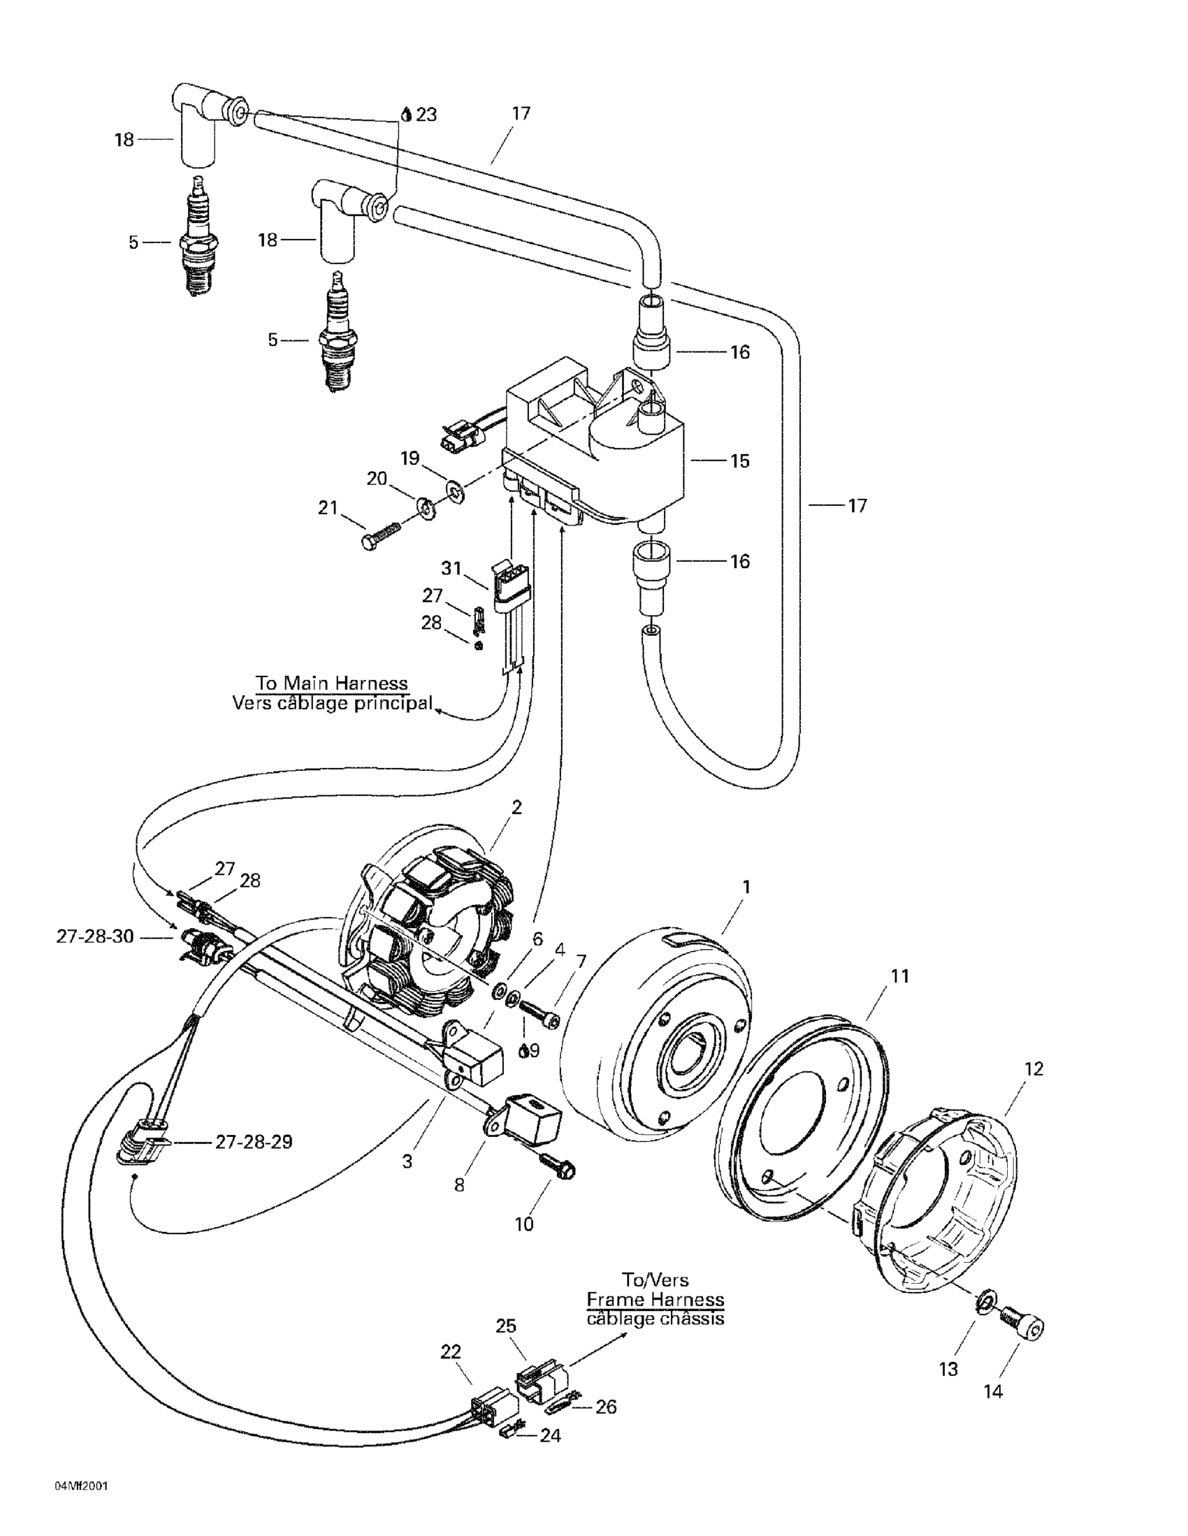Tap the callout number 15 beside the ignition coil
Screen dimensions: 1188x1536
click(740, 461)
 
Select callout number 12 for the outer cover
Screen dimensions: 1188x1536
click(1035, 1068)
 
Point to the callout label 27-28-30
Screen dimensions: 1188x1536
click(95, 937)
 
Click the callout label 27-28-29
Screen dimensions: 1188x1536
click(254, 1142)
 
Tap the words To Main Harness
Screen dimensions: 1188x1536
click(332, 683)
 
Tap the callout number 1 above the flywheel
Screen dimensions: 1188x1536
click(746, 887)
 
